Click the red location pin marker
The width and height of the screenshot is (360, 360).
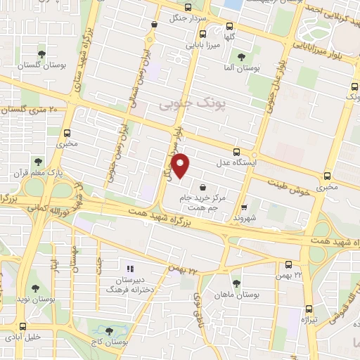181,165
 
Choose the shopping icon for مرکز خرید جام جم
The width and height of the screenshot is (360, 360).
203,188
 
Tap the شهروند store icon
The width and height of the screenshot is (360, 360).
244,207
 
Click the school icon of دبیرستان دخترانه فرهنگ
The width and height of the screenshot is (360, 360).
129,269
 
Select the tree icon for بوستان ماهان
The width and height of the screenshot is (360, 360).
236,283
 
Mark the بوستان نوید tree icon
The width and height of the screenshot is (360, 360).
35,288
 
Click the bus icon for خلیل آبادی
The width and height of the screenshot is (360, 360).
23,326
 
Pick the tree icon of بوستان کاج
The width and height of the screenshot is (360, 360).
108,330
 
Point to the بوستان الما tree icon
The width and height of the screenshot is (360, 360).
241,58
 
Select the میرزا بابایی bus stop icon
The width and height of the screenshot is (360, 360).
202,33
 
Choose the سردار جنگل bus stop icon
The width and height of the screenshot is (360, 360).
154,24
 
